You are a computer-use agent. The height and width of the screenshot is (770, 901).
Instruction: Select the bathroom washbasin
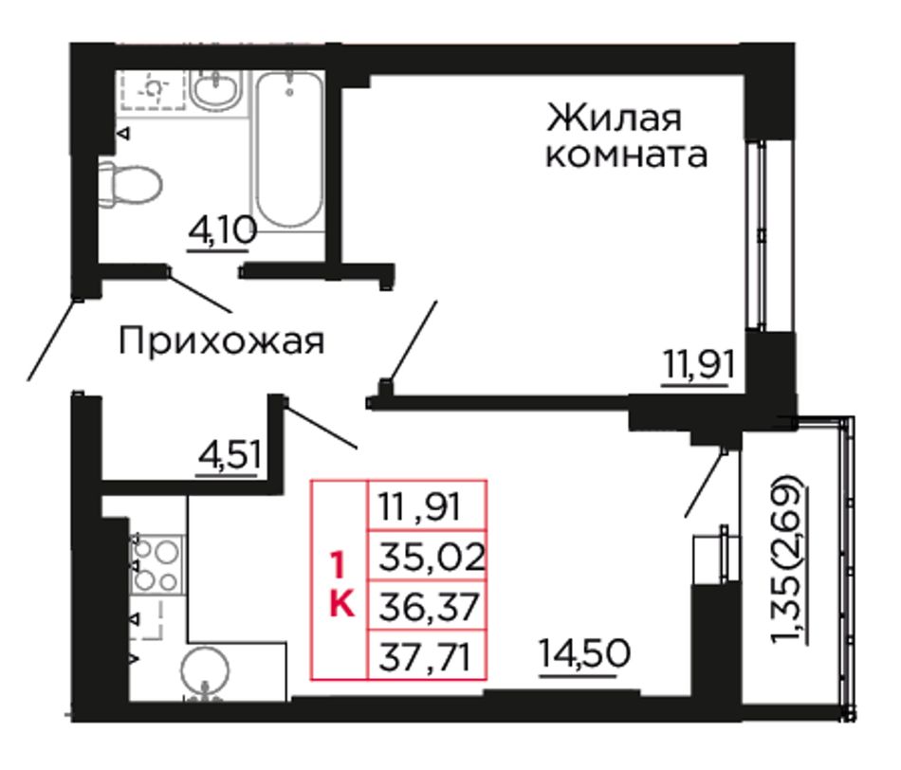point(215,90)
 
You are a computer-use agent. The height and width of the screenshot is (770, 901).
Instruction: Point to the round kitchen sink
point(205,671)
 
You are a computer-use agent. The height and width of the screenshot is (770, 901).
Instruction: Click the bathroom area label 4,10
point(221,232)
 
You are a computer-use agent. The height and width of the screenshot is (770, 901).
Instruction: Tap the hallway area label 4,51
point(230,455)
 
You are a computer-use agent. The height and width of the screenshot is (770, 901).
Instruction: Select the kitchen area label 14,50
point(585,654)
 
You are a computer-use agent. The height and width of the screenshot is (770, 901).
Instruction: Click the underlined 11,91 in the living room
point(699,365)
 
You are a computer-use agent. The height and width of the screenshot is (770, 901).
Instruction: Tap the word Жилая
point(614,118)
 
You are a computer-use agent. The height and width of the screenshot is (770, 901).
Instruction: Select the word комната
point(626,156)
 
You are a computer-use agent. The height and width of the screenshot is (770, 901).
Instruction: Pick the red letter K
point(341,604)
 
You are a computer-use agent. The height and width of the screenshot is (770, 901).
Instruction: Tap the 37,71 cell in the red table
point(426,656)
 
